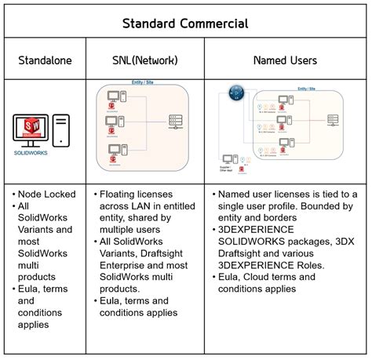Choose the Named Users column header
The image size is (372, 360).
pos(285,60)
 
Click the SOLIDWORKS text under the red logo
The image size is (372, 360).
pos(31,153)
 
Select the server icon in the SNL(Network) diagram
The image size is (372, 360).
pos(175,123)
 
